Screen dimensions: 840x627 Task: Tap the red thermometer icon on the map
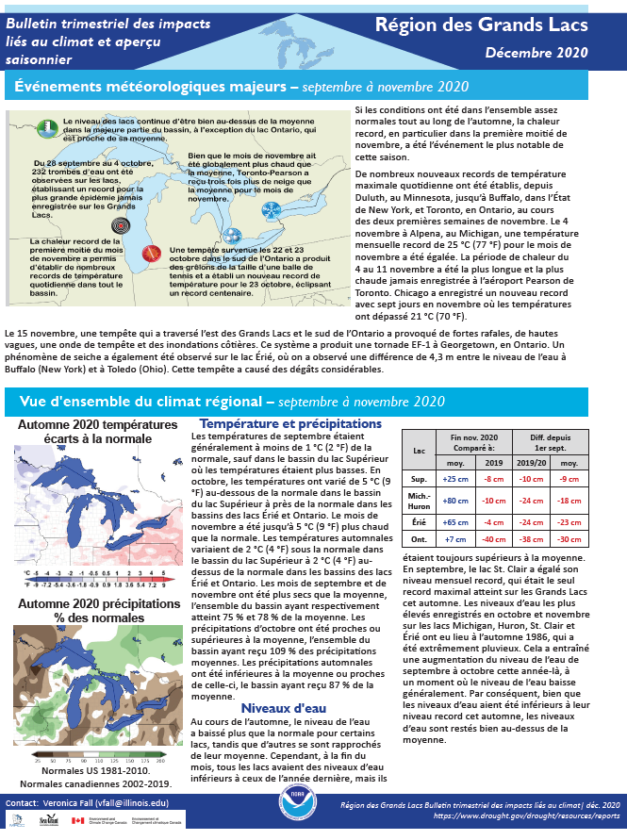coord(148,253)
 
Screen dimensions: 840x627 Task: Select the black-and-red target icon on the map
coord(119,226)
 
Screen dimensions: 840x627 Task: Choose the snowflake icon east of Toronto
coord(271,208)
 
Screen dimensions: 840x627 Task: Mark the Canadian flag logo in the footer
coord(78,819)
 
